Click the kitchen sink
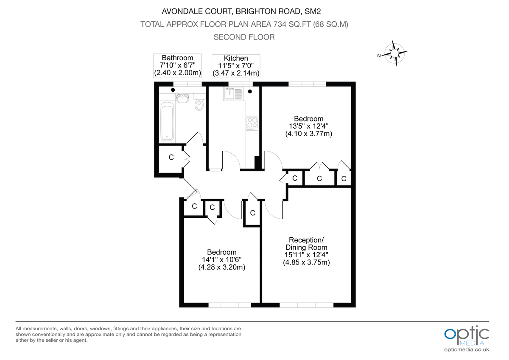232,93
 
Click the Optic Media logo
467,335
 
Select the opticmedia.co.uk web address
467,350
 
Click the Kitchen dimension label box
236,66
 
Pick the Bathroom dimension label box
177,65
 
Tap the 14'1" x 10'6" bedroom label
222,260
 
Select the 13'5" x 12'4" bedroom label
309,126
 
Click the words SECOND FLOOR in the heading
244,37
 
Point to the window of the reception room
307,304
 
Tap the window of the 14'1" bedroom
229,304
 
